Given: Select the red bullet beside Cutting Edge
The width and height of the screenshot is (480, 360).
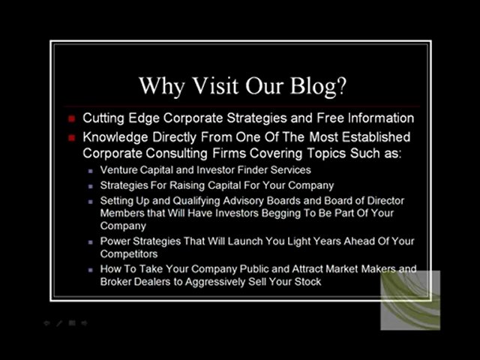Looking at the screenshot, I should [72, 118].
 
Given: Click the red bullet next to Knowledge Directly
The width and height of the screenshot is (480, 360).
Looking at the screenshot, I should [72, 138].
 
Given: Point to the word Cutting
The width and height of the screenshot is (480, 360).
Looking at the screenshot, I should [103, 118].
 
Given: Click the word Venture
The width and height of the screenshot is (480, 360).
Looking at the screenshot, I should [120, 170].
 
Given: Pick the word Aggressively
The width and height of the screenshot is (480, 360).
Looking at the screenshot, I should [214, 281].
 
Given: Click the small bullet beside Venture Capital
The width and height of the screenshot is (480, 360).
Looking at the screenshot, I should [91, 171].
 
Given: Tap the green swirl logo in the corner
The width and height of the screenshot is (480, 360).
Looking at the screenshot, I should [409, 300].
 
